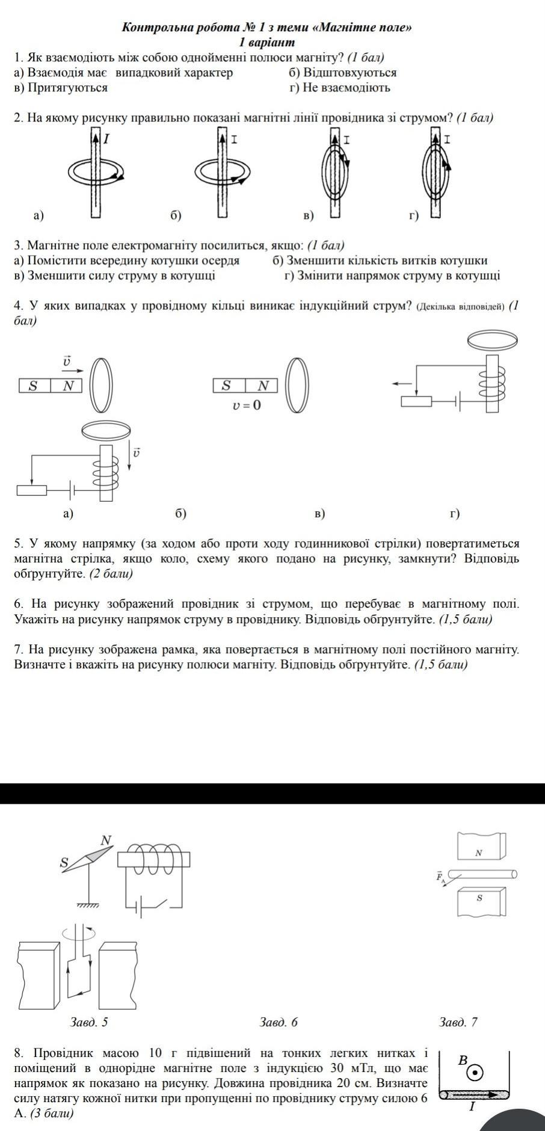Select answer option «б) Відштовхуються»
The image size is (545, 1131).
(342, 73)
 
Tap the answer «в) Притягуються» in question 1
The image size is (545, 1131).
(61, 88)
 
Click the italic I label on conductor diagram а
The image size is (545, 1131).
(106, 138)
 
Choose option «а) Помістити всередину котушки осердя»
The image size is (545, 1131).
(127, 260)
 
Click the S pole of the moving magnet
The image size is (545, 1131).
(34, 386)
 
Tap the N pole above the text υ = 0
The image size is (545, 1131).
(263, 385)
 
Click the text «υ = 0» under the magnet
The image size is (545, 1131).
(247, 405)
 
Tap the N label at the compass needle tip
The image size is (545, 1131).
(106, 840)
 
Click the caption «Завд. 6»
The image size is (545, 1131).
(279, 1022)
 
